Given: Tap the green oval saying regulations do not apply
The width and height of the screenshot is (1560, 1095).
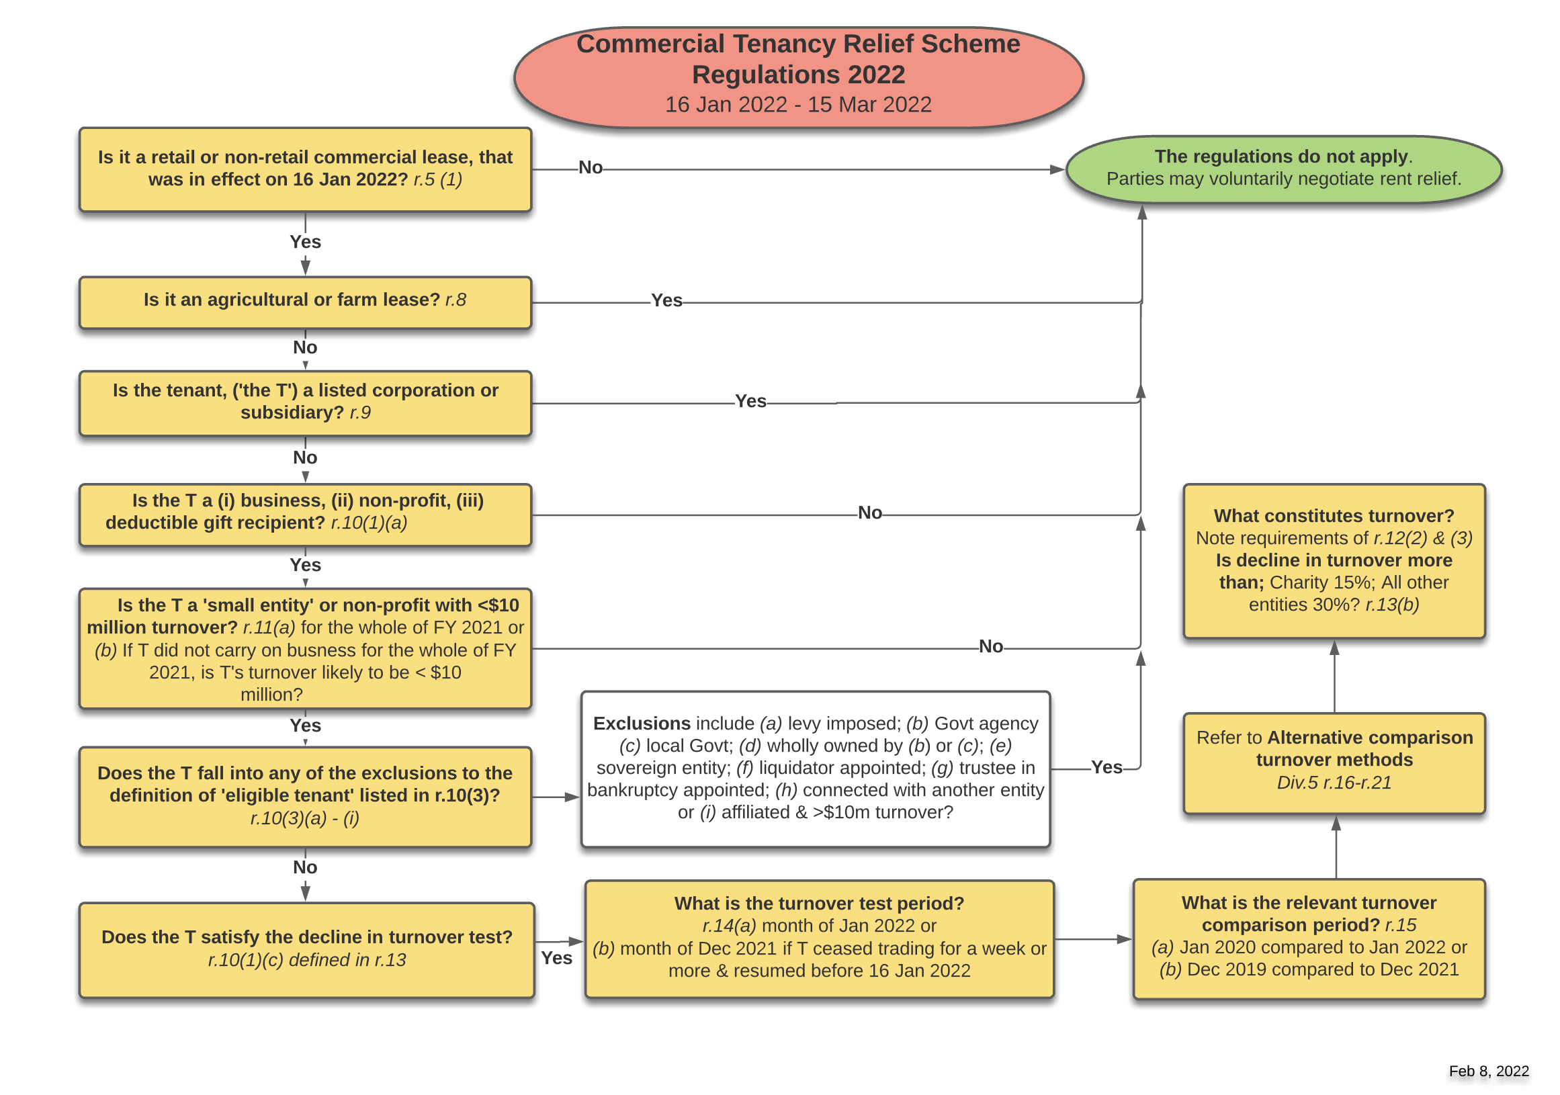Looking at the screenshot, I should click(1283, 169).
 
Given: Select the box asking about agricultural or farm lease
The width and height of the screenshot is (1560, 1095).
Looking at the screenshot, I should click(305, 301).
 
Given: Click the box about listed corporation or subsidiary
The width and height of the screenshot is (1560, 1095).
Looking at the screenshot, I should click(305, 402).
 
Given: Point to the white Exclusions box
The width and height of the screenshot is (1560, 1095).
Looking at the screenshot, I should click(816, 769).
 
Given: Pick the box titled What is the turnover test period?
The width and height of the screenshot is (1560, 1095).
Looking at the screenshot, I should click(819, 938).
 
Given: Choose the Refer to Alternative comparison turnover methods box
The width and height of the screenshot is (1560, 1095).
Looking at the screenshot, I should click(1334, 762).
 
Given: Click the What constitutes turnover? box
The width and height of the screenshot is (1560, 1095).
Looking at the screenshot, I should click(1334, 560).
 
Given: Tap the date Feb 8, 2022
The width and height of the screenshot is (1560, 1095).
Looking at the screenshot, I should click(1488, 1071).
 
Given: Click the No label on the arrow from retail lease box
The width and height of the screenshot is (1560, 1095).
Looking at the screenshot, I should click(590, 168).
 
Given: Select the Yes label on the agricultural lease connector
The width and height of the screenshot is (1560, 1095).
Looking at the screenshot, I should click(666, 300).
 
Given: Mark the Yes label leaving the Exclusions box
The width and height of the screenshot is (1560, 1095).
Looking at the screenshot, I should click(1105, 767).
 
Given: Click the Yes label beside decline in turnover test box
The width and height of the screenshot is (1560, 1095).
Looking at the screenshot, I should click(556, 958).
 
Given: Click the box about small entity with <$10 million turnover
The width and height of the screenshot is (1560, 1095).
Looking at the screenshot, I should click(305, 648).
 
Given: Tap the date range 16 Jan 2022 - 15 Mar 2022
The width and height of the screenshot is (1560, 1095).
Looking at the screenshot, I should click(797, 105).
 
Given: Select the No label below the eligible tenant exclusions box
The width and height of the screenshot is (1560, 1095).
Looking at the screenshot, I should click(305, 867).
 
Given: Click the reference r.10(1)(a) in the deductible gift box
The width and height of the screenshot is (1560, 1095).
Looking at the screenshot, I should click(368, 523).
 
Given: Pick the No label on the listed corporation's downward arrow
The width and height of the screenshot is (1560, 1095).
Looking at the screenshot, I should click(305, 457).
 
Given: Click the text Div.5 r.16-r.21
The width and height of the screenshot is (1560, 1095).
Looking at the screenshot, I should click(1334, 783).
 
